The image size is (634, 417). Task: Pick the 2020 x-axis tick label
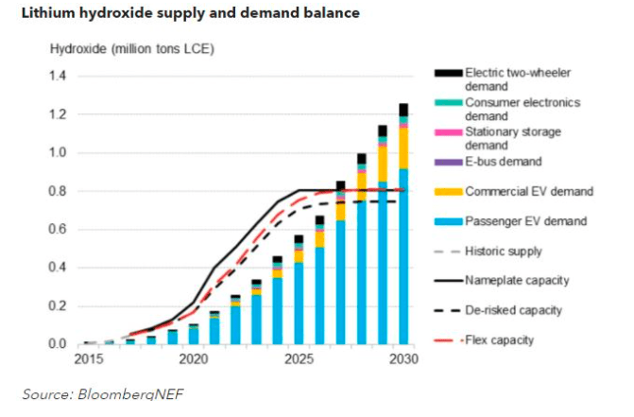tap(193, 359)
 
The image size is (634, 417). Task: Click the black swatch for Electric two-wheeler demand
tap(448, 72)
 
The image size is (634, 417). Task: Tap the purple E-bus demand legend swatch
tap(448, 163)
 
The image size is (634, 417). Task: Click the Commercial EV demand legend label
tap(529, 192)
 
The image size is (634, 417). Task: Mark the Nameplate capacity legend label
tap(521, 280)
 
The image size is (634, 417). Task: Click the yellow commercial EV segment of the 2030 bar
tap(403, 148)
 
